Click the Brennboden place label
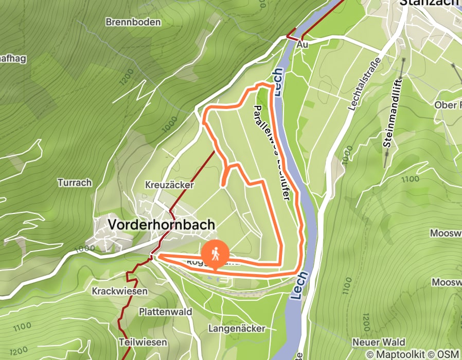click(133, 22)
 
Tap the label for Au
click(303, 45)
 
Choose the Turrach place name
click(75, 183)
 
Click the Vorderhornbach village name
click(162, 225)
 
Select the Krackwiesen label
click(119, 291)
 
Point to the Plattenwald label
click(165, 312)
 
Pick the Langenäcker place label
click(237, 328)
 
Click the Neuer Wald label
click(379, 343)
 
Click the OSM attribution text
click(449, 354)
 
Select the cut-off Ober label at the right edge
click(448, 105)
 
